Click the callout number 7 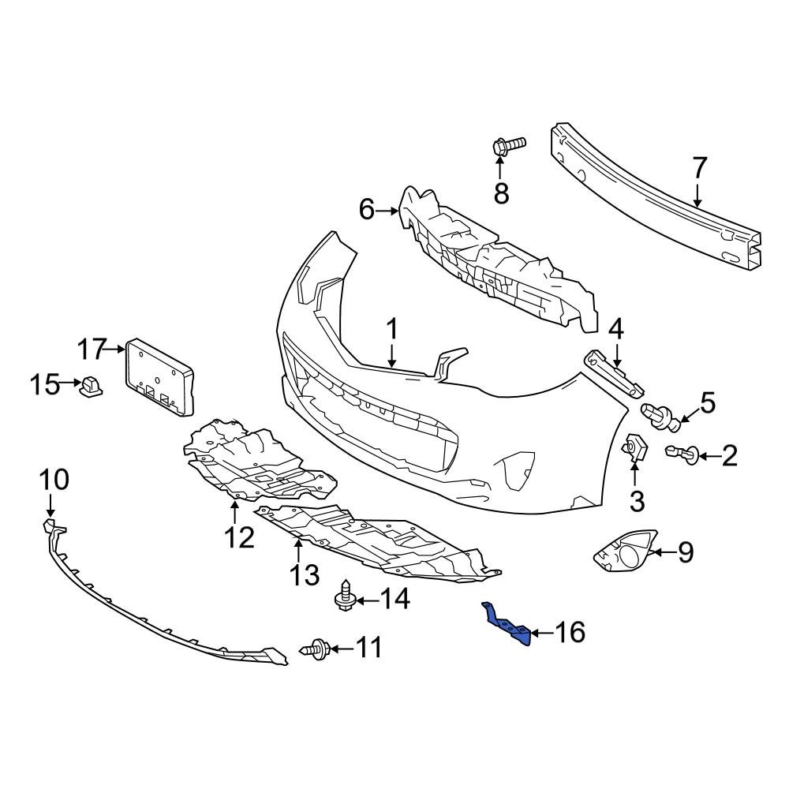point(700,168)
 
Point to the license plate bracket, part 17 point(158,376)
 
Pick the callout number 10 point(54,479)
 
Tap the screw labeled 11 point(315,649)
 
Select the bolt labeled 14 point(344,598)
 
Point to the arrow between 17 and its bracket point(118,347)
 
